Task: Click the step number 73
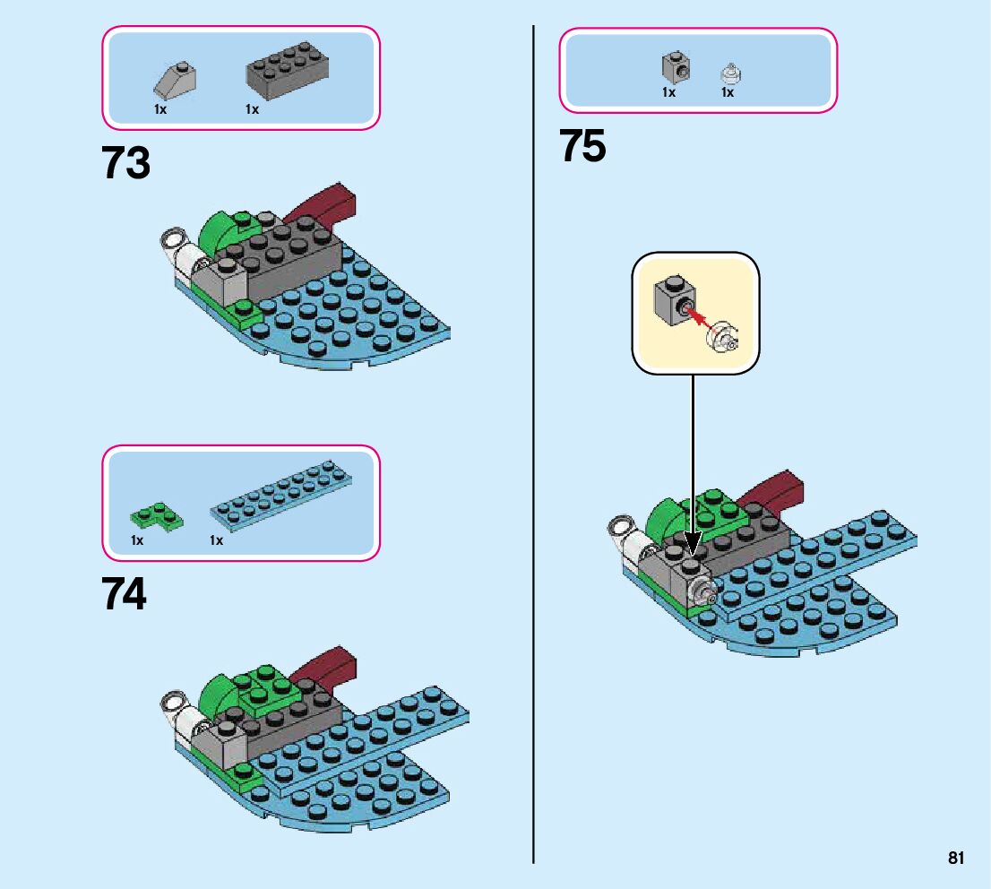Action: [x=125, y=162]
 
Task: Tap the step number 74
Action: [x=125, y=593]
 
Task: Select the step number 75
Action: [x=582, y=146]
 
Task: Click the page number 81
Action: [x=955, y=858]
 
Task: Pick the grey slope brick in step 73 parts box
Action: [x=175, y=81]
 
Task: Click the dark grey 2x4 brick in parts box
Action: [x=287, y=70]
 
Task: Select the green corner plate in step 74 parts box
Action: [x=157, y=516]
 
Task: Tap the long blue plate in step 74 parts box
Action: [x=281, y=495]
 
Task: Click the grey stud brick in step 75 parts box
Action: [x=676, y=67]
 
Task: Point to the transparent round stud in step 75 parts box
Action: [x=730, y=74]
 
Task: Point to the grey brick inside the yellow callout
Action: [x=675, y=301]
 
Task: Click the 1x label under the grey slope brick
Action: [x=160, y=109]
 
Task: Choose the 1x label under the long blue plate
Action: [x=216, y=540]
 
